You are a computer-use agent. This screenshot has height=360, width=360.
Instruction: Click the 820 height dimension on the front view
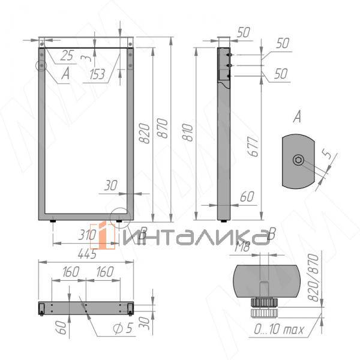[144, 133]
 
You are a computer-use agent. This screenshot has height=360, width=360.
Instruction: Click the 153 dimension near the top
[97, 74]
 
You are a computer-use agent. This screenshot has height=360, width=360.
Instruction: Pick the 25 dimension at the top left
[67, 56]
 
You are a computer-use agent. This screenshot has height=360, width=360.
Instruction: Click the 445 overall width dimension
[87, 254]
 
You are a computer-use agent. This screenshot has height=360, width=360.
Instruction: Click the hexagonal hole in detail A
[298, 160]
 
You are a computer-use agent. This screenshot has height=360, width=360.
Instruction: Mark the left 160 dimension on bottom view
[70, 272]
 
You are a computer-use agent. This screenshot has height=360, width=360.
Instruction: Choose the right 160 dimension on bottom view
[104, 272]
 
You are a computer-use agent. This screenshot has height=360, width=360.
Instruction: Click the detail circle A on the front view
[41, 65]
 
